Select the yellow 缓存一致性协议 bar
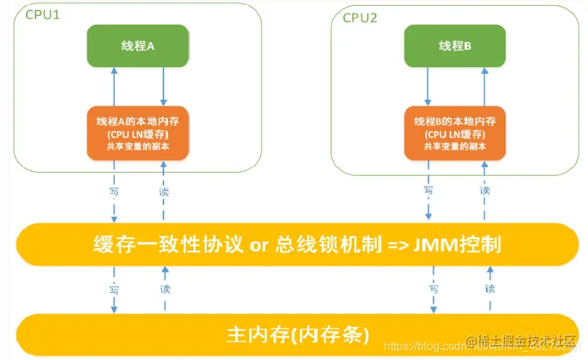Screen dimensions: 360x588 coord(297,244)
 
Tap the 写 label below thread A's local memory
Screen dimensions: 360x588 coord(114,192)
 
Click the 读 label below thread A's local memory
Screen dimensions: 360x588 coord(164,192)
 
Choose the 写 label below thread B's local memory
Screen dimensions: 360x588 coord(428,191)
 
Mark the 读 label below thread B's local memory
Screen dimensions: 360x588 coord(485,191)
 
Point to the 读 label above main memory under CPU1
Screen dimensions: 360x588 coord(164,287)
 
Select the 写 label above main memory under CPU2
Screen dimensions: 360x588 coord(434,288)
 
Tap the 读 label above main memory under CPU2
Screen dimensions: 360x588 coord(490,288)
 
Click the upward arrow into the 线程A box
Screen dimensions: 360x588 coord(114,86)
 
